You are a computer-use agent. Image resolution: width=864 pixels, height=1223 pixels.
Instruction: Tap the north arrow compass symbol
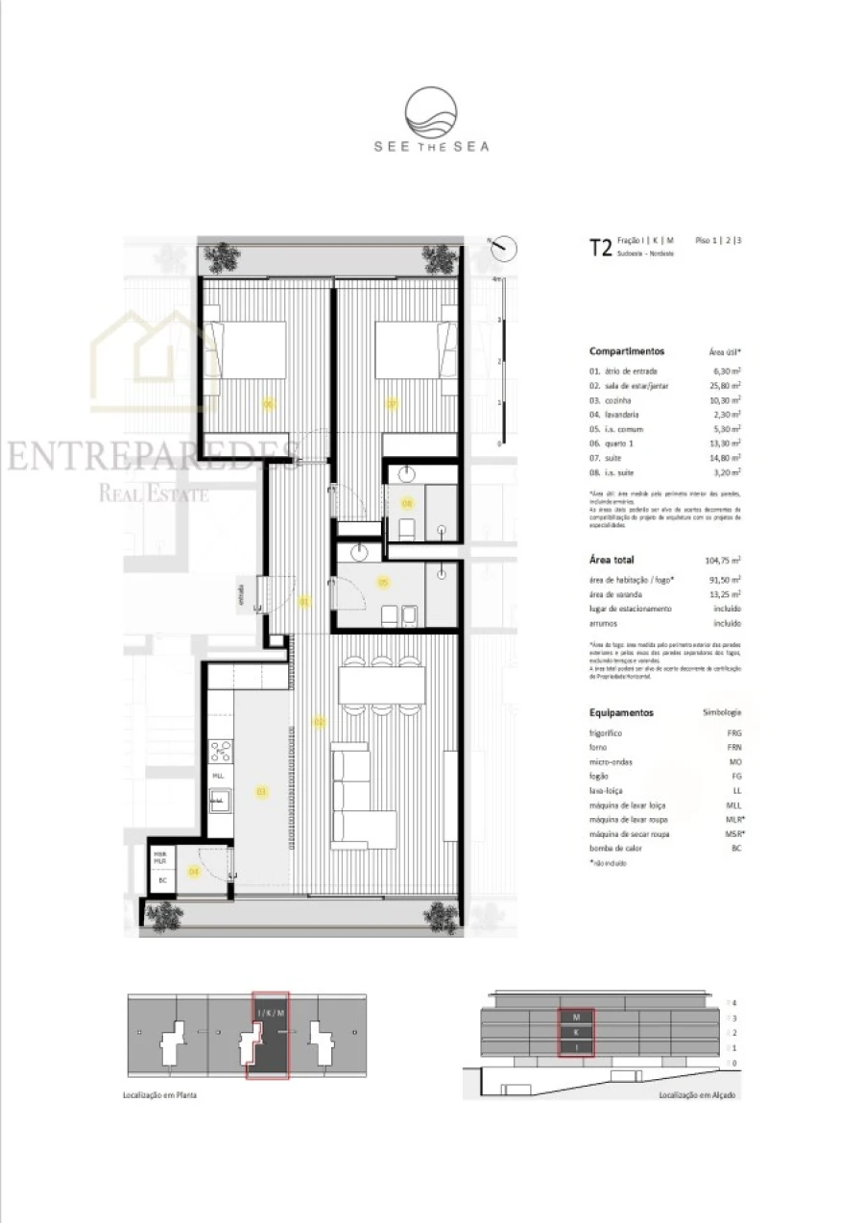point(502,248)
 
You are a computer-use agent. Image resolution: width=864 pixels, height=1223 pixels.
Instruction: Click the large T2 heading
point(600,248)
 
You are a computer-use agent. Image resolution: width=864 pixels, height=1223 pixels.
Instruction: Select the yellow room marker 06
point(269,404)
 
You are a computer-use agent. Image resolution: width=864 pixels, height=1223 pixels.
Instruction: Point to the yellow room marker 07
point(392,404)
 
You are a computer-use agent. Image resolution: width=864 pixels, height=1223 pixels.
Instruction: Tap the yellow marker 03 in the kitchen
point(259,792)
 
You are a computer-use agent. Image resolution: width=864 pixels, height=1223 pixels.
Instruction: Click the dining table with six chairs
point(382,684)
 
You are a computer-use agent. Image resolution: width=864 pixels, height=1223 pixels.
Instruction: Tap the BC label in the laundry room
point(162,880)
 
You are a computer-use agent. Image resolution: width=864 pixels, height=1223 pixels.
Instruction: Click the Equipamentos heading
point(621,713)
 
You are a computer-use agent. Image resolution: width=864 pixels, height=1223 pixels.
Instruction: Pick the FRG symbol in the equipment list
point(733,732)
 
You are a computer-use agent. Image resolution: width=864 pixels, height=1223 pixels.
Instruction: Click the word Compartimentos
point(626,351)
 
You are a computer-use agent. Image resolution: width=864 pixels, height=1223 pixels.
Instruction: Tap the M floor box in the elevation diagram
point(576,1016)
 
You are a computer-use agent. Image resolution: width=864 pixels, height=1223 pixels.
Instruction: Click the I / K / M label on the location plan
point(270,1013)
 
